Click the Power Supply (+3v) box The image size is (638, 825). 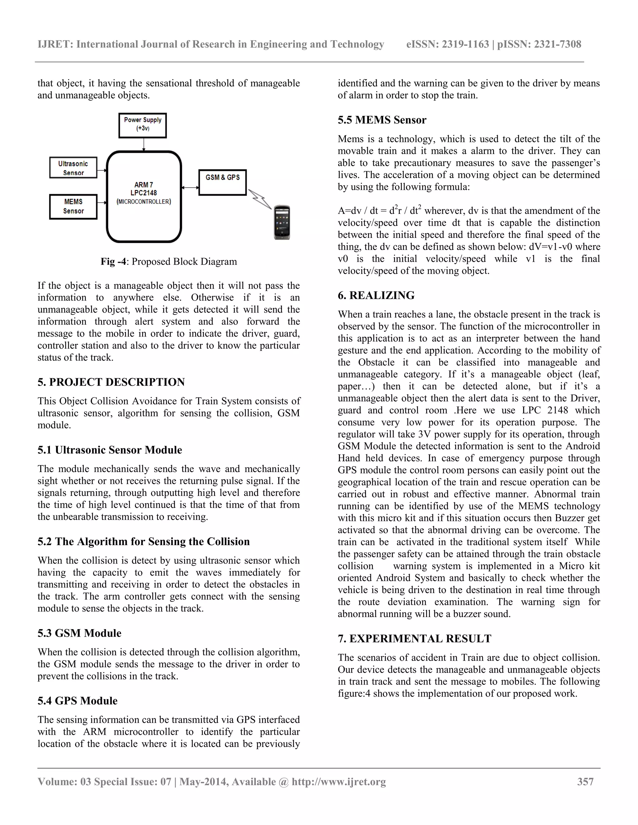pos(142,125)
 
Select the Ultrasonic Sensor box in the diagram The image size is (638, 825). pos(73,168)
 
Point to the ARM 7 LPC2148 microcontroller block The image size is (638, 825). pos(144,196)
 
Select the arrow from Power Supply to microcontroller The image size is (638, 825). pos(143,144)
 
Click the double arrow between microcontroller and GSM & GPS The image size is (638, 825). pos(190,187)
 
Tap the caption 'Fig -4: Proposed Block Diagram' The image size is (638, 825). pos(169,262)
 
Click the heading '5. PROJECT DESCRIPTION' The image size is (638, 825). pos(111,382)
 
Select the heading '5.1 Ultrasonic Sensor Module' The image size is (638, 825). pos(110,450)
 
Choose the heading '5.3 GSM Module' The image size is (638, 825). pos(79,633)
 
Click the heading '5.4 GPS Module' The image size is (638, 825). pos(78,701)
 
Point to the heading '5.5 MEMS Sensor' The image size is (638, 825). pos(382,120)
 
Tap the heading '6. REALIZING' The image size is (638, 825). pos(376,295)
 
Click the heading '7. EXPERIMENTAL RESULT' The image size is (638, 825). pos(414,639)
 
